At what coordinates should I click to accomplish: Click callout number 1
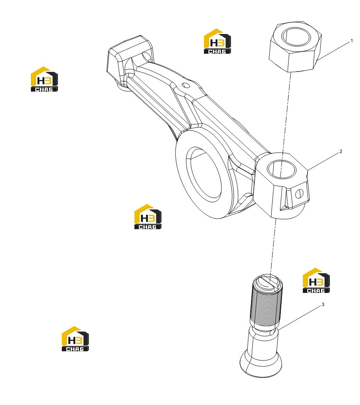352,41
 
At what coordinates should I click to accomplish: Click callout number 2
341,151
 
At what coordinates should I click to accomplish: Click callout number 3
323,305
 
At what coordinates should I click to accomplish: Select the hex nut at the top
295,46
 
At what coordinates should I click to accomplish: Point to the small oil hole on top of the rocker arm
185,85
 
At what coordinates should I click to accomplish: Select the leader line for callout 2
323,162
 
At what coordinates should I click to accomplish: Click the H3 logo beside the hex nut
217,41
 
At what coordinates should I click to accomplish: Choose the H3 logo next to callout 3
316,281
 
